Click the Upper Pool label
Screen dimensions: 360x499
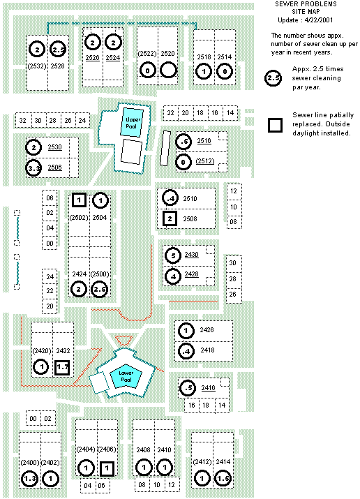(133, 123)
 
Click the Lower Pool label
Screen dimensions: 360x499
(126, 376)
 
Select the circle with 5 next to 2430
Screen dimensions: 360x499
(173, 255)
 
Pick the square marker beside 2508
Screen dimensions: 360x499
(170, 219)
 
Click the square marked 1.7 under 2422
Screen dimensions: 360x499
(62, 367)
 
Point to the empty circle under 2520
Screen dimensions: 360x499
(168, 70)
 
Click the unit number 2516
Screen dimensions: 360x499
(204, 141)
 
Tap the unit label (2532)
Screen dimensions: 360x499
(37, 66)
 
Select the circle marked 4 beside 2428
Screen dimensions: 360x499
(173, 276)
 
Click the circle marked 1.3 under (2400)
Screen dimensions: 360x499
(29, 479)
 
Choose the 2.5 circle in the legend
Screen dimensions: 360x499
(273, 78)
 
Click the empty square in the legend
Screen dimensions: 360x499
(276, 125)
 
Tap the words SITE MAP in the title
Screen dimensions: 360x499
(306, 12)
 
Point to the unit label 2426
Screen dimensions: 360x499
(207, 330)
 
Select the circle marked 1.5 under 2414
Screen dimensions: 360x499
(223, 478)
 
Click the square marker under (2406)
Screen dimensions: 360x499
(107, 468)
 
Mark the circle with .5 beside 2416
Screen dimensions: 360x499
(188, 388)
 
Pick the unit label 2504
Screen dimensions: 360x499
(100, 218)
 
